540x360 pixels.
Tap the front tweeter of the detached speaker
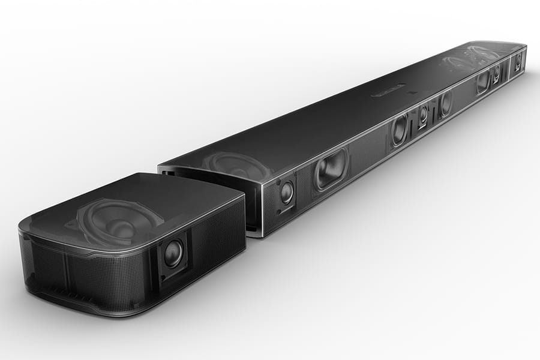click(x=173, y=253)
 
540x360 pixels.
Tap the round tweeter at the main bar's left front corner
click(x=287, y=192)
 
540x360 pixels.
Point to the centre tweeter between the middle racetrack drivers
click(x=423, y=115)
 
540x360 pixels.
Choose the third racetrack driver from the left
click(x=445, y=104)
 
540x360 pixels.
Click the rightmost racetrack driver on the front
click(x=483, y=82)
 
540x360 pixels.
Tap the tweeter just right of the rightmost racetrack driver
click(x=496, y=74)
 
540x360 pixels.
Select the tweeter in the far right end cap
click(x=518, y=60)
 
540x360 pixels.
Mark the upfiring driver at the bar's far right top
click(x=474, y=57)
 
